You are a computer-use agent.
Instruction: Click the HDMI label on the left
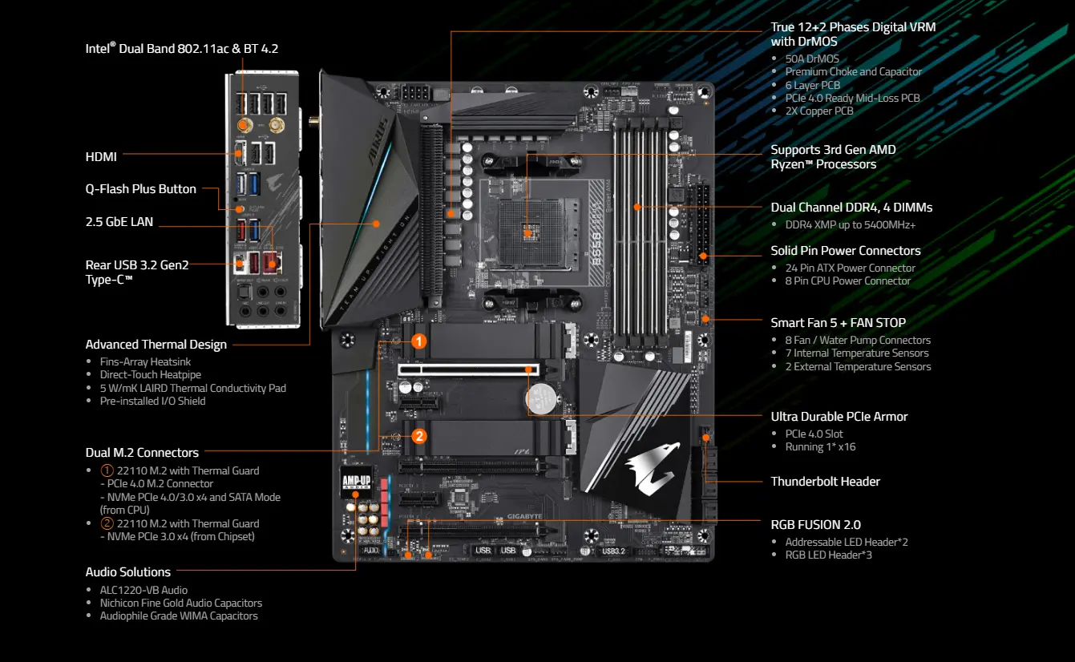[101, 157]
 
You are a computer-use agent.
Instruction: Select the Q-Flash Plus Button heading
[141, 189]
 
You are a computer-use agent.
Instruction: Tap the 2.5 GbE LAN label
[119, 222]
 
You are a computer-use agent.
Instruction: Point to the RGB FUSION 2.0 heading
[815, 525]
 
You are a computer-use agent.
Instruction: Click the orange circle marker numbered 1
[418, 341]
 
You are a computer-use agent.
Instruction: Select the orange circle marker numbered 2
[418, 437]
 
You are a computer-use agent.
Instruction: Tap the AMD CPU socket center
[528, 230]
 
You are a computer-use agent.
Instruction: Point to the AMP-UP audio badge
[356, 482]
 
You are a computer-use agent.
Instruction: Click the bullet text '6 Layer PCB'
[813, 85]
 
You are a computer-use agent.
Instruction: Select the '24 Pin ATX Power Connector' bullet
[850, 268]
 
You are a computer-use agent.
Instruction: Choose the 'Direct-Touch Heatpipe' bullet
[150, 374]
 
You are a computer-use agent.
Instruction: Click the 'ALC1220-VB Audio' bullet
[143, 590]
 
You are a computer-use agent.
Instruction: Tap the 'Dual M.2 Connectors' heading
[142, 453]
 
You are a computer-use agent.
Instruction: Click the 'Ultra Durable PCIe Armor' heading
[839, 417]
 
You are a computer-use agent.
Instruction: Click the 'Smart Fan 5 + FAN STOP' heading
[838, 323]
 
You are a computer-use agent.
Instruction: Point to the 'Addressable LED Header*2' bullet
[846, 542]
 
